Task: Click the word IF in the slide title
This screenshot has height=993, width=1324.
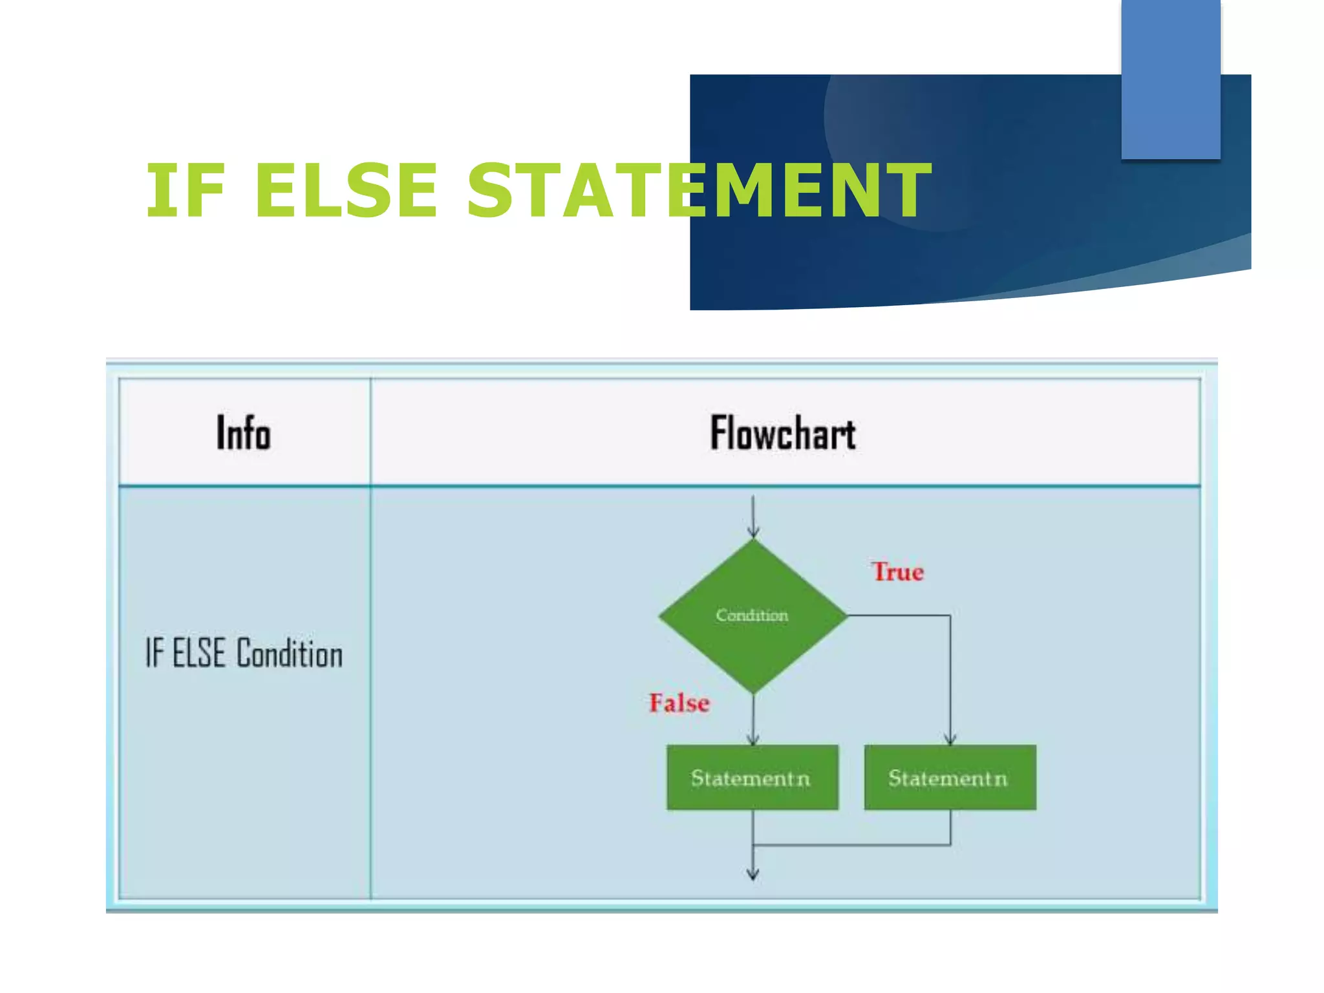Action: coord(186,191)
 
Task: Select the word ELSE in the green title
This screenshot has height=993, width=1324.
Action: coord(346,191)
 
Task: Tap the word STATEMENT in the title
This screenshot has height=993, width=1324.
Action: coord(698,191)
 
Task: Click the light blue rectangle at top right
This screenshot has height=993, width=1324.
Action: coord(1170,79)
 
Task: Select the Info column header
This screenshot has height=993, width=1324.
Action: coord(243,432)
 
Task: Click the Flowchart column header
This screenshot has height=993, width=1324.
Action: coord(783,432)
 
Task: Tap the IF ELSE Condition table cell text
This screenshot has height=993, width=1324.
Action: coord(244,653)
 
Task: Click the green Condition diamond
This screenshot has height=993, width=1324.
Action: coord(753,640)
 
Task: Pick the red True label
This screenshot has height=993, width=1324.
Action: coord(897,571)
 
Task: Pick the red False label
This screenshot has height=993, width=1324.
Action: coord(679,703)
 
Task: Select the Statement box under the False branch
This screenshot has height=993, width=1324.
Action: coord(752,777)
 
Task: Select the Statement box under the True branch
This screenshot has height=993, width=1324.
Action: coord(950,777)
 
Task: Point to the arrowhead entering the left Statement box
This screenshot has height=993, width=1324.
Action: coord(753,739)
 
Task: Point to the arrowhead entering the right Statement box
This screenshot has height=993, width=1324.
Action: coord(950,739)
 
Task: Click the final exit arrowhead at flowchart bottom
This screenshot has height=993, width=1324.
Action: coord(753,874)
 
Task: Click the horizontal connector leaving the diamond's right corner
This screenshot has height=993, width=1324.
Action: coord(899,615)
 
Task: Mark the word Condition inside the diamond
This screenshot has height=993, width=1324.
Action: coord(752,615)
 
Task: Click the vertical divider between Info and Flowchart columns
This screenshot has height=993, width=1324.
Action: coord(370,692)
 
